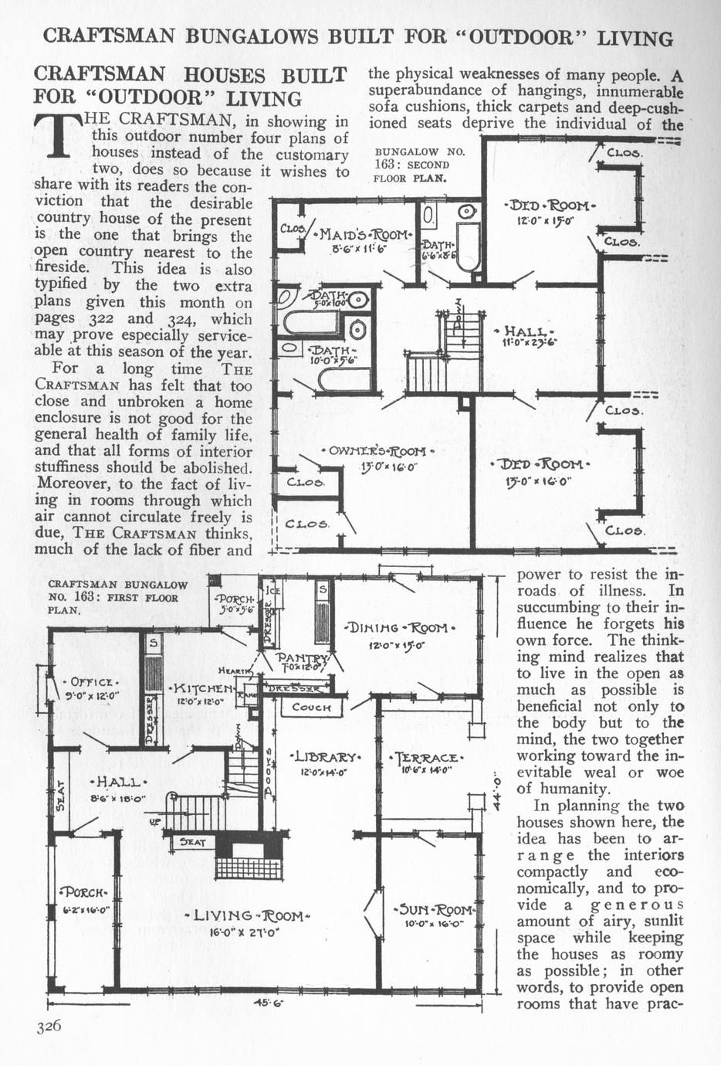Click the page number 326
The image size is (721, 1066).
[48, 1026]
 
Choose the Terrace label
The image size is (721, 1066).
[427, 758]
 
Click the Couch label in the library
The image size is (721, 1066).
[312, 707]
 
